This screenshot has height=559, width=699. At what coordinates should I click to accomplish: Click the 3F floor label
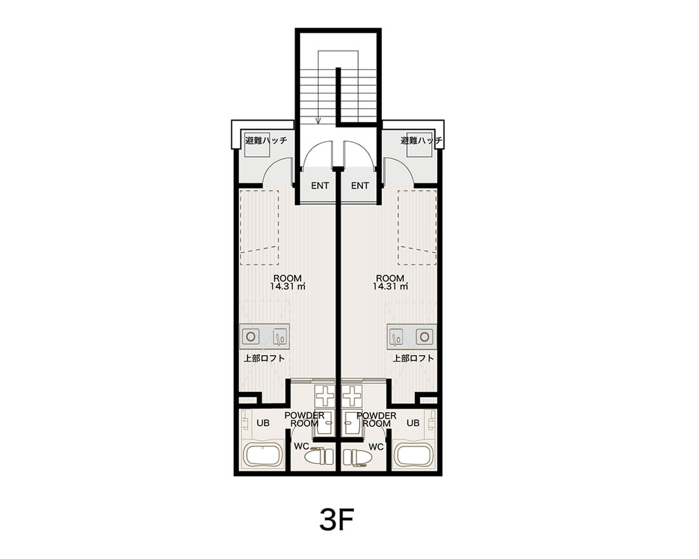pyautogui.click(x=337, y=519)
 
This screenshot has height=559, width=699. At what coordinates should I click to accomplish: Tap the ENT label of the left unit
pyautogui.click(x=320, y=185)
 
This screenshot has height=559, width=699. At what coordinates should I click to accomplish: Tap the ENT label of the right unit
pyautogui.click(x=360, y=185)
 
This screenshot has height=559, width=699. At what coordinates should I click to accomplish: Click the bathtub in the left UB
pyautogui.click(x=263, y=455)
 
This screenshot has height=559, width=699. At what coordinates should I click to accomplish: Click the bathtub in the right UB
pyautogui.click(x=414, y=455)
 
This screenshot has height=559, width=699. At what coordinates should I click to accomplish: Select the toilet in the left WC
pyautogui.click(x=319, y=457)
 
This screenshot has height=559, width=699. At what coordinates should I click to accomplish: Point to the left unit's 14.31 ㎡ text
pyautogui.click(x=287, y=286)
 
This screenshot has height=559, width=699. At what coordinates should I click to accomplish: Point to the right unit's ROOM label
pyautogui.click(x=390, y=278)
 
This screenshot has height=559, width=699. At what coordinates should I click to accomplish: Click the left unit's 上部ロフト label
pyautogui.click(x=264, y=358)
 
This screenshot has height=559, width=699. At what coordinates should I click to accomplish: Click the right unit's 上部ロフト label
pyautogui.click(x=413, y=358)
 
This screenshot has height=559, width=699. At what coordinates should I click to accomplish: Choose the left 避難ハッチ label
pyautogui.click(x=266, y=140)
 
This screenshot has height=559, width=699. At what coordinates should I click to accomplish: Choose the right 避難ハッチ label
pyautogui.click(x=421, y=140)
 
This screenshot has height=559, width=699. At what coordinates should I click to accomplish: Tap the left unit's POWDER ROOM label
pyautogui.click(x=305, y=419)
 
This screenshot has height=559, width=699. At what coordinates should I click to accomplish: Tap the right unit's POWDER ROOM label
pyautogui.click(x=377, y=419)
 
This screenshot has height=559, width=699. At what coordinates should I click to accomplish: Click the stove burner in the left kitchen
pyautogui.click(x=250, y=337)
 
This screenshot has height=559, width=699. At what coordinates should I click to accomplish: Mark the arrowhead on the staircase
pyautogui.click(x=318, y=119)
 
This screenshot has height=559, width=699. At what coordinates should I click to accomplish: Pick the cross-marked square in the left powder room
pyautogui.click(x=325, y=395)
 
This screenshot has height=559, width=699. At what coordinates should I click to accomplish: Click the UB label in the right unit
pyautogui.click(x=413, y=422)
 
